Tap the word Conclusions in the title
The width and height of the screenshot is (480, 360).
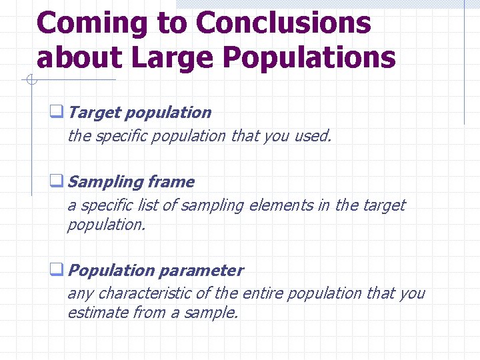click(283, 23)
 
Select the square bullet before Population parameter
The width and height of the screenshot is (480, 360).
click(57, 271)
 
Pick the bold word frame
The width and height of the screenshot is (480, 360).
click(171, 182)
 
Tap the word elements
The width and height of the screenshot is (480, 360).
click(280, 206)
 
